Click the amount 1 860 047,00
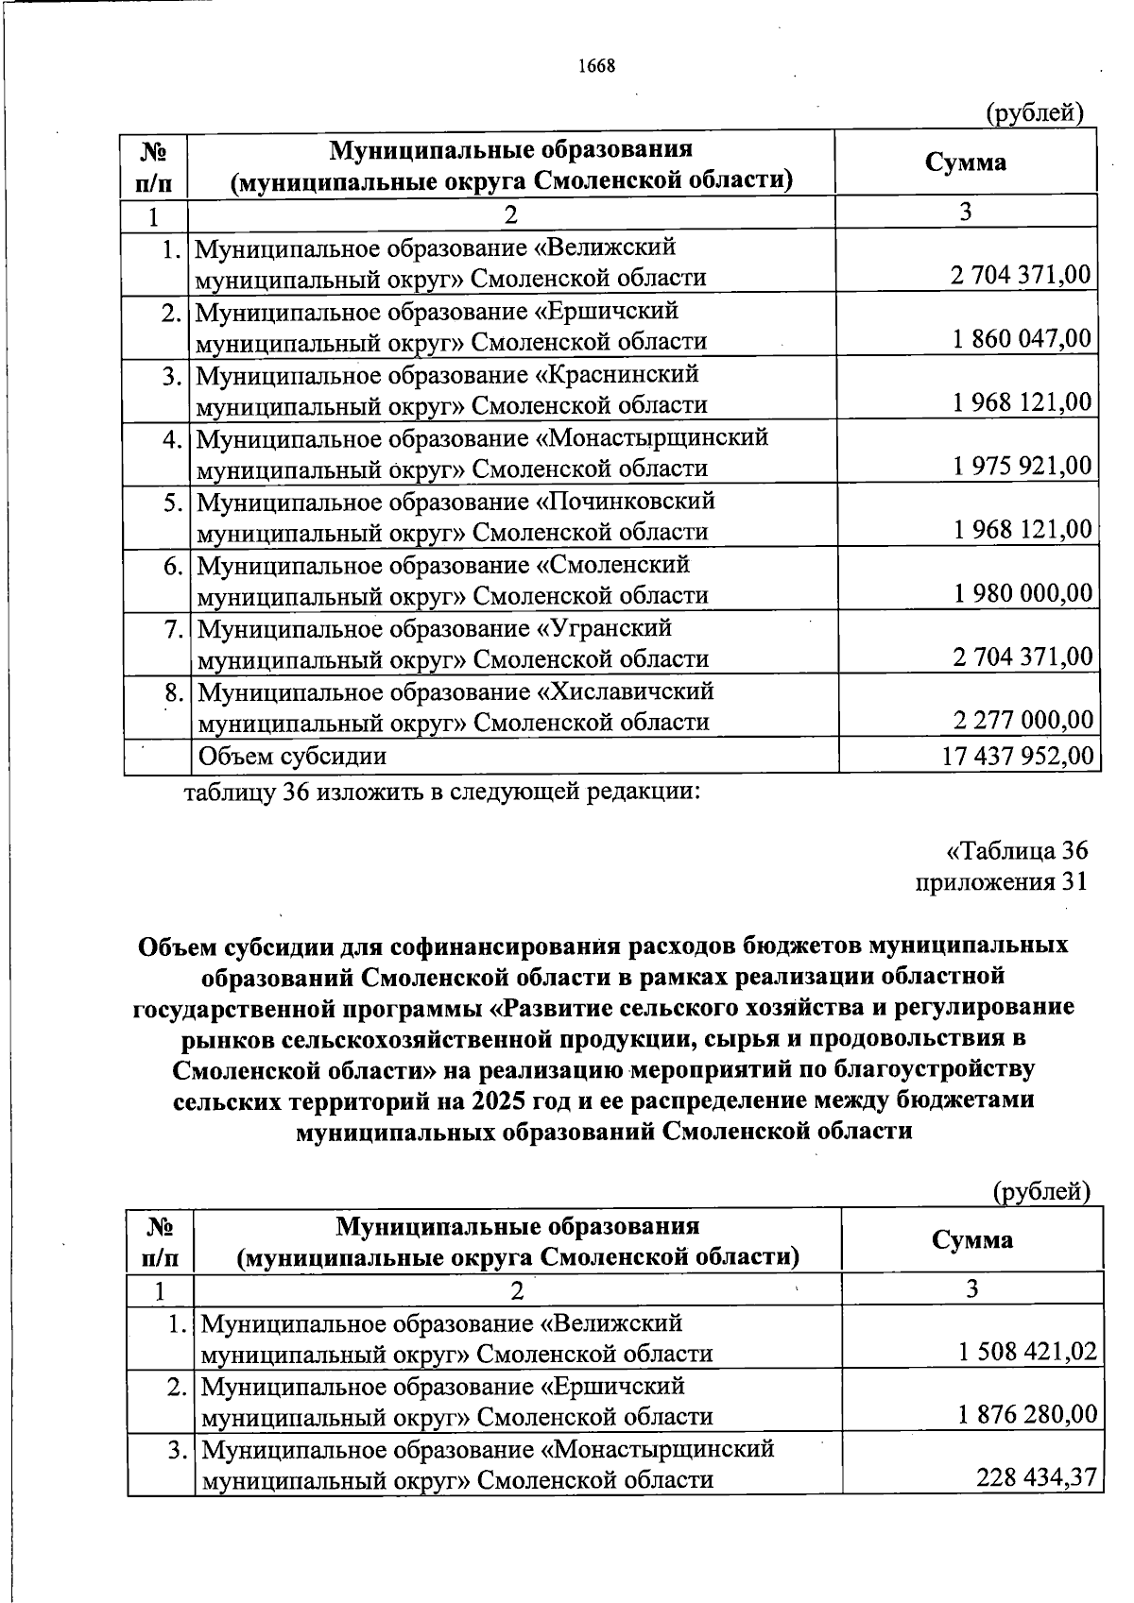click(1022, 339)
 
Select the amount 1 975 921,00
click(1022, 466)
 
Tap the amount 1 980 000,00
click(1022, 593)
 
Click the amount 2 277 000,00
click(1022, 721)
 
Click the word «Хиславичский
click(625, 691)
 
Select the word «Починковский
click(626, 501)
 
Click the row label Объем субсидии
click(290, 756)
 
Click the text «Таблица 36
click(1017, 850)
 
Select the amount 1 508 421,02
click(1027, 1353)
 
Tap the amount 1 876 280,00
click(1027, 1415)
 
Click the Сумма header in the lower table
click(971, 1239)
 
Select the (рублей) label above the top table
click(1034, 113)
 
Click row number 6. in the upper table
click(171, 565)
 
